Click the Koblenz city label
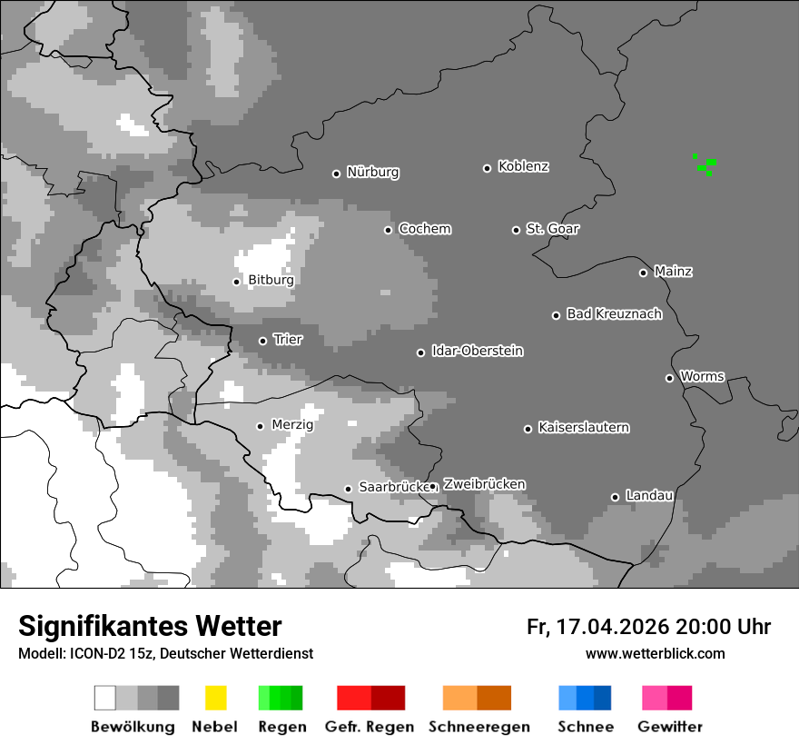pyautogui.click(x=523, y=166)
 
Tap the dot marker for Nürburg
pyautogui.click(x=336, y=173)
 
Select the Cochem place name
pyautogui.click(x=424, y=229)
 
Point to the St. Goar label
pyautogui.click(x=552, y=229)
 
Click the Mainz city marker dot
pyautogui.click(x=643, y=273)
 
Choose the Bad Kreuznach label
pyautogui.click(x=614, y=314)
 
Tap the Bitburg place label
pyautogui.click(x=271, y=280)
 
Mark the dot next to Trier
pyautogui.click(x=262, y=341)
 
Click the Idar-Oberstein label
pyautogui.click(x=477, y=351)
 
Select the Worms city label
pyautogui.click(x=702, y=376)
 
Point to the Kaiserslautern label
pyautogui.click(x=583, y=427)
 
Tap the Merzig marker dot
pyautogui.click(x=260, y=426)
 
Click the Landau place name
pyautogui.click(x=649, y=496)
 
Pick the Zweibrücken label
pyautogui.click(x=484, y=484)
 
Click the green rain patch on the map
pyautogui.click(x=705, y=164)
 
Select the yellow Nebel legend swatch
pyautogui.click(x=215, y=698)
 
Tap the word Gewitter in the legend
pyautogui.click(x=669, y=727)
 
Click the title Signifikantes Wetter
pyautogui.click(x=150, y=626)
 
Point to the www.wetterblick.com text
pyautogui.click(x=655, y=654)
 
